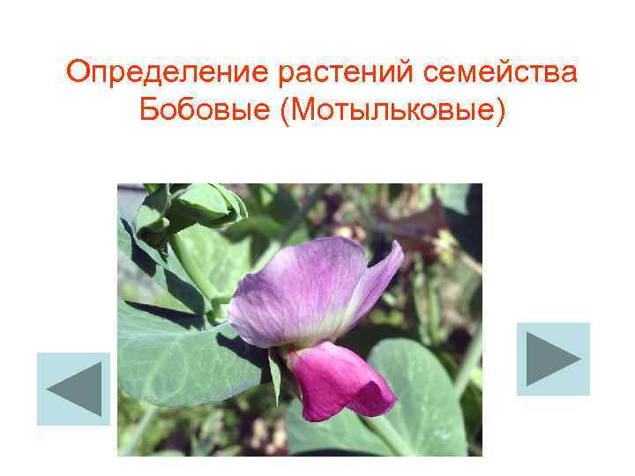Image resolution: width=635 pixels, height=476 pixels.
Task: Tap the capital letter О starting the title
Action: click(79, 71)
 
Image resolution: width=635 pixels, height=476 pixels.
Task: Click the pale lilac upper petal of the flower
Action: click(300, 286)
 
